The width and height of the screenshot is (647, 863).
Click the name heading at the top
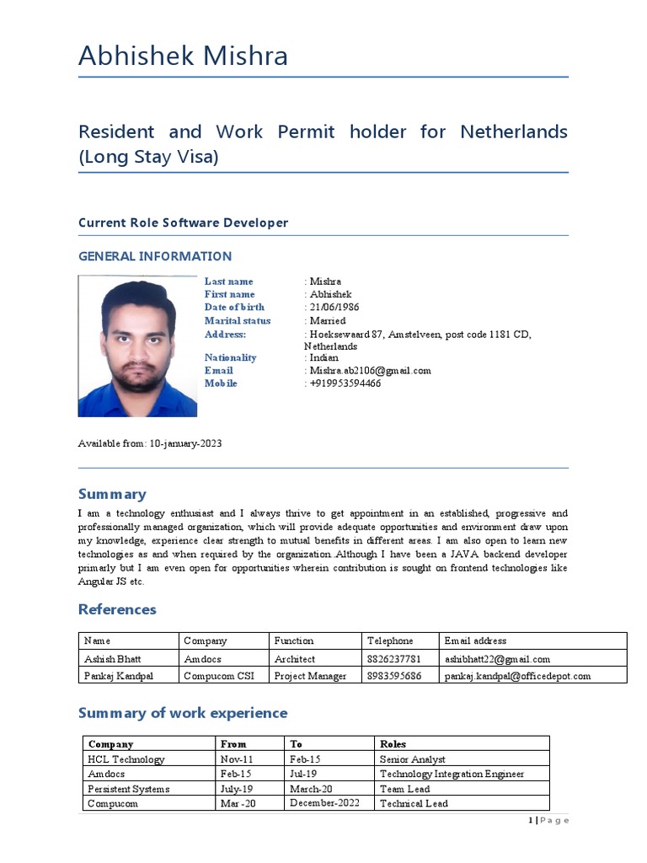(x=183, y=56)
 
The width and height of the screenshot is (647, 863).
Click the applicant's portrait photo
(x=137, y=346)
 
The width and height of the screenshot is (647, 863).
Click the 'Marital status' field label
(x=238, y=321)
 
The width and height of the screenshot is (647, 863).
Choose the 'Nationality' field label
(x=230, y=358)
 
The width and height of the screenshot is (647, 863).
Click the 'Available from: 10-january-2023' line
(x=150, y=443)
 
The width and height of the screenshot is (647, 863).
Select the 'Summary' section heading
(x=112, y=495)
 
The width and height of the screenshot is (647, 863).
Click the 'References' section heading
(x=117, y=609)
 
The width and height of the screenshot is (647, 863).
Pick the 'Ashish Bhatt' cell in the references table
(x=113, y=659)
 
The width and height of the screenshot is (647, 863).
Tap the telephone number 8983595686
(x=393, y=676)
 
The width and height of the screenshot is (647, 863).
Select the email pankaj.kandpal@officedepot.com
(x=517, y=676)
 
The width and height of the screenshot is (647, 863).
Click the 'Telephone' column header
(x=390, y=641)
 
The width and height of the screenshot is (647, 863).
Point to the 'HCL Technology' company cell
(x=126, y=759)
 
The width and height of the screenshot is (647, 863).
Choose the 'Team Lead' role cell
(x=404, y=789)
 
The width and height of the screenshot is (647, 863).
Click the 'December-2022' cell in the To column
(x=324, y=803)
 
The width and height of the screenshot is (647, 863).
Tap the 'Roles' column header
(x=393, y=744)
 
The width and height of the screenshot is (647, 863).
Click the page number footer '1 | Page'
(x=548, y=821)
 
